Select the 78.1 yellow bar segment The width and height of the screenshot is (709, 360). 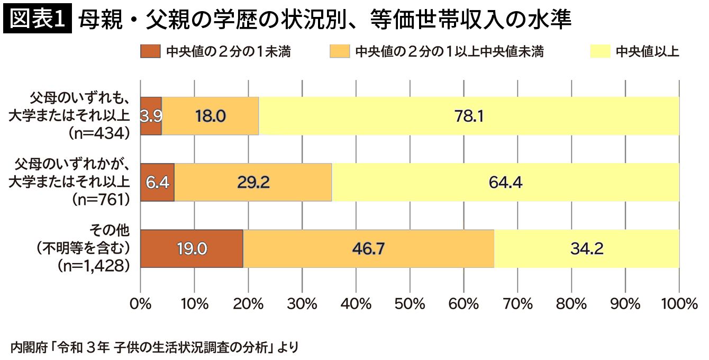click(468, 116)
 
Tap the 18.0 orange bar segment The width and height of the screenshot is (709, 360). click(210, 116)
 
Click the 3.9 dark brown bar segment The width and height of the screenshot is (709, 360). click(151, 116)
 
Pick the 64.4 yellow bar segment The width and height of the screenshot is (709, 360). click(505, 182)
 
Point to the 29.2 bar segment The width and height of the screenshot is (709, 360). click(253, 182)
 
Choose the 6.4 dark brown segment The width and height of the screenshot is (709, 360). click(157, 182)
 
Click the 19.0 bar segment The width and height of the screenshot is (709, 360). click(192, 248)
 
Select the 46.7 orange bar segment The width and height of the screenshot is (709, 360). click(368, 248)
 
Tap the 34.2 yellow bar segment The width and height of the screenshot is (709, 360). click(587, 248)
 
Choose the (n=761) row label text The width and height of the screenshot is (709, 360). click(99, 200)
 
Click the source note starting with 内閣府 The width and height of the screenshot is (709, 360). click(154, 347)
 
